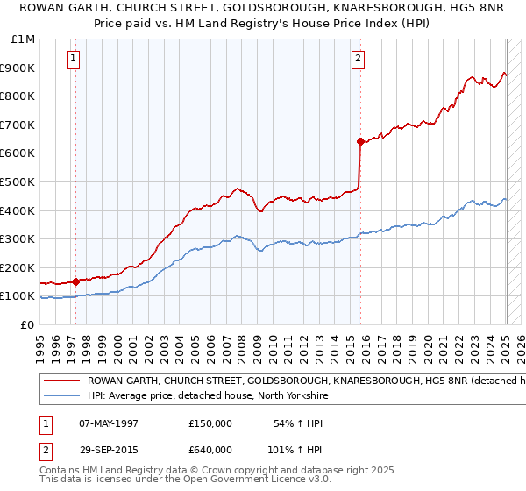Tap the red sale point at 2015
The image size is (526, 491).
360,140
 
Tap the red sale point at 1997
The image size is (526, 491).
75,281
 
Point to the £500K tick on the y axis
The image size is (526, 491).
19,181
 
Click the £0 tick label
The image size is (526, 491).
28,324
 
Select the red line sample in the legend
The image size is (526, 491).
61,381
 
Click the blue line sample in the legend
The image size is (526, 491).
61,396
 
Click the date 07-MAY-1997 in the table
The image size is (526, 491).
109,423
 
